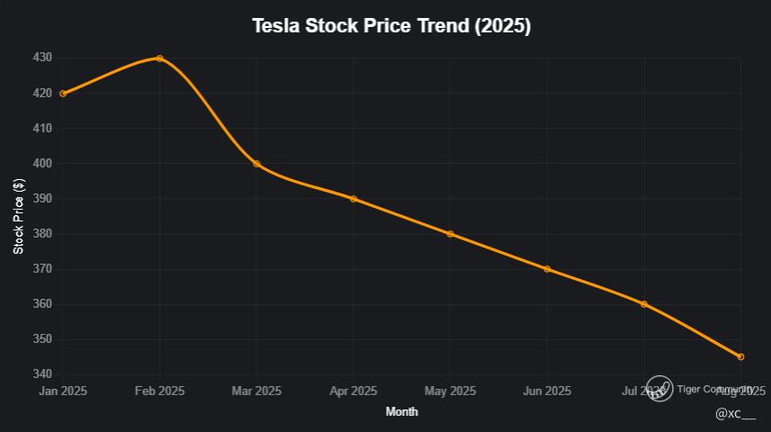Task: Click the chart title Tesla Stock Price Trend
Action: tap(391, 26)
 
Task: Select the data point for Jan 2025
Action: tap(63, 94)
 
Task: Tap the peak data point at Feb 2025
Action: tap(159, 58)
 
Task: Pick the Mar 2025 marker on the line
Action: tap(256, 164)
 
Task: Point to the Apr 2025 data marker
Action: tap(354, 199)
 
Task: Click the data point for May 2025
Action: tap(450, 234)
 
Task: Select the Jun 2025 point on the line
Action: tap(547, 269)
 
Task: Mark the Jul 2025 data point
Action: tap(644, 304)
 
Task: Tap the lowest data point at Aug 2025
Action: tap(740, 357)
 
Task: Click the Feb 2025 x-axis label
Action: tap(159, 391)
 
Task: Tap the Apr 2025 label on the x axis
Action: tap(354, 391)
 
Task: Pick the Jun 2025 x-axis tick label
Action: tap(547, 391)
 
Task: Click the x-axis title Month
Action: tap(401, 411)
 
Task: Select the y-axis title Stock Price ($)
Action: tap(18, 216)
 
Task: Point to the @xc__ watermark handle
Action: tap(735, 413)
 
